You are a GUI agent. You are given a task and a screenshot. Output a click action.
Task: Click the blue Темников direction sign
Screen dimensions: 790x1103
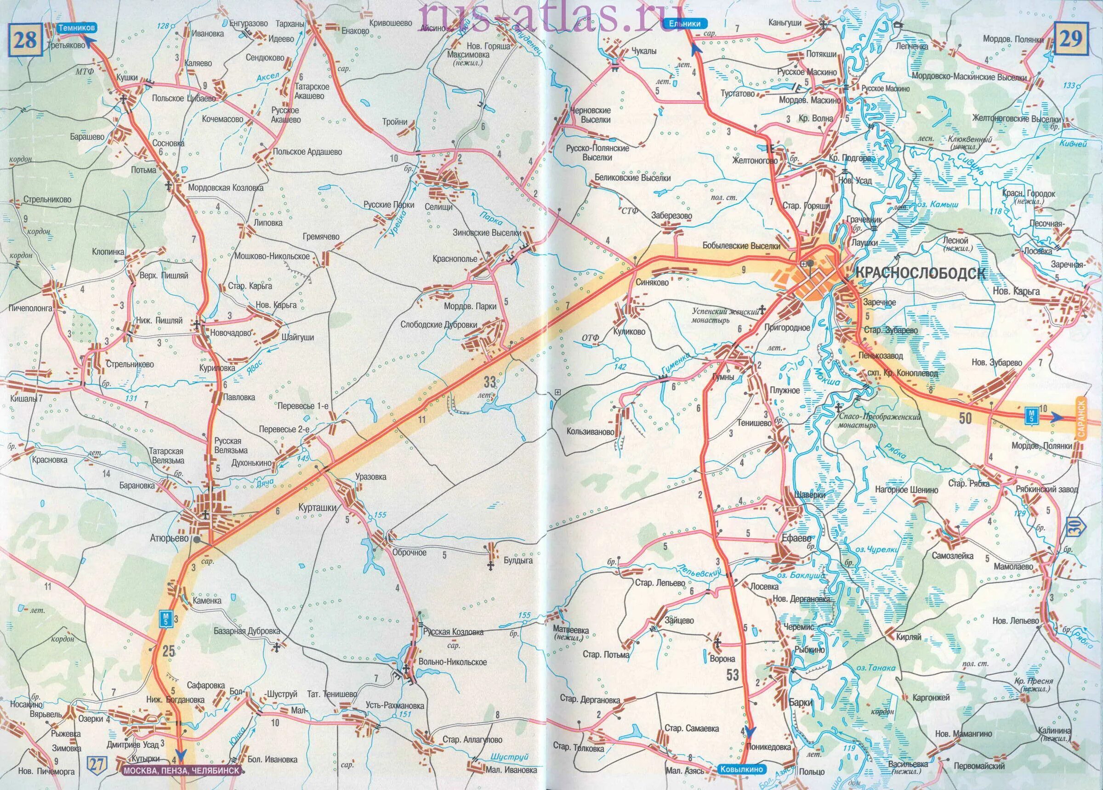tap(76, 28)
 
